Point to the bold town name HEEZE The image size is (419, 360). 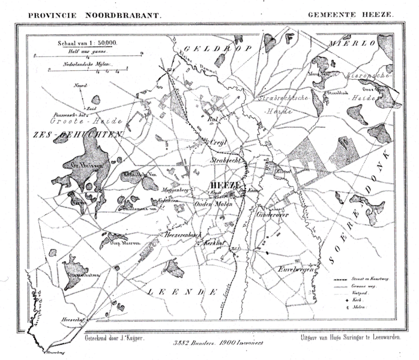[x=222, y=185]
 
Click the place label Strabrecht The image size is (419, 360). [x=226, y=162]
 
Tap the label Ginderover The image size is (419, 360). [x=274, y=214]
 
